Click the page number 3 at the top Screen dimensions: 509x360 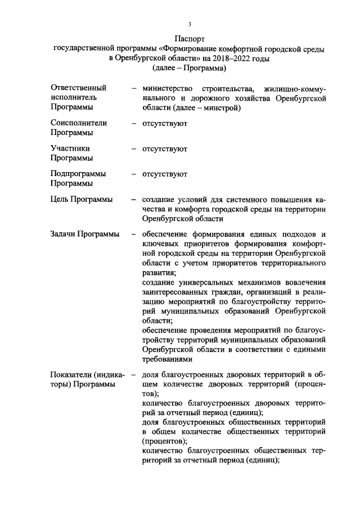point(190,24)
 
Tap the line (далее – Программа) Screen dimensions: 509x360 point(190,68)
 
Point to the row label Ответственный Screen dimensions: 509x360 point(79,88)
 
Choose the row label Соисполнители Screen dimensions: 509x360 point(79,123)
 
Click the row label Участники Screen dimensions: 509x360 point(70,148)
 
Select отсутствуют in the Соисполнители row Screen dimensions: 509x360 point(165,123)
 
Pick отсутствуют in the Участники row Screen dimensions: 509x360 point(165,148)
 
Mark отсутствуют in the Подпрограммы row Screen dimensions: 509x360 point(165,174)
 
